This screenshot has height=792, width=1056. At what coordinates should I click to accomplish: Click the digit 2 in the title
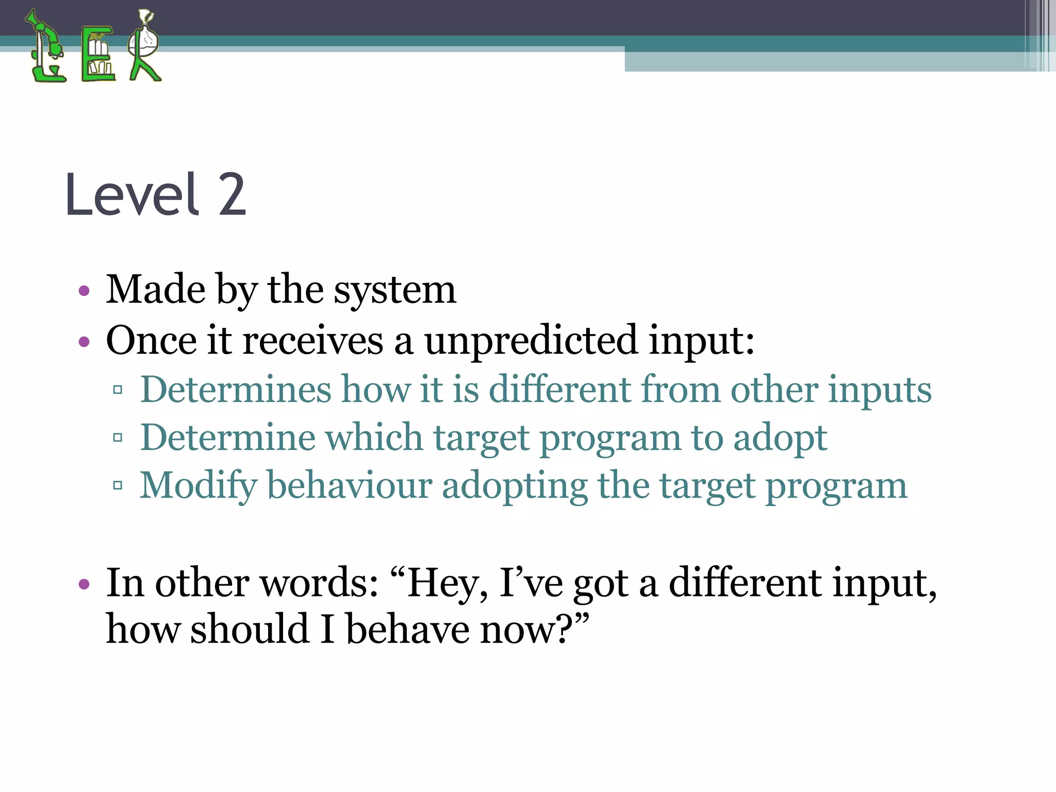[x=232, y=195]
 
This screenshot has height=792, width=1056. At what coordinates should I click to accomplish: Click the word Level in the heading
[x=132, y=195]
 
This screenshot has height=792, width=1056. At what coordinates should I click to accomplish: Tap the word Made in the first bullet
[x=155, y=289]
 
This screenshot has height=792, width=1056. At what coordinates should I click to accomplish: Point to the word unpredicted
[x=531, y=341]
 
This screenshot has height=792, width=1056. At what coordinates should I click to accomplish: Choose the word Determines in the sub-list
[x=236, y=389]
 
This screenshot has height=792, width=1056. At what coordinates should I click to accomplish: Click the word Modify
[x=198, y=486]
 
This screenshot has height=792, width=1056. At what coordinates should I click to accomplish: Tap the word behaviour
[x=350, y=486]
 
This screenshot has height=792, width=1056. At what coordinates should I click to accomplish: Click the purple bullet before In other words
[x=84, y=585]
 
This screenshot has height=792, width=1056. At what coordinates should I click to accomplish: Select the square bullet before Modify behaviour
[x=118, y=485]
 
